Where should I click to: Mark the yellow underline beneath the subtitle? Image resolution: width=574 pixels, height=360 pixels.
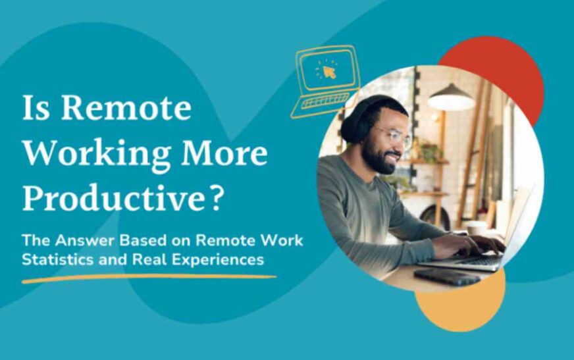148,278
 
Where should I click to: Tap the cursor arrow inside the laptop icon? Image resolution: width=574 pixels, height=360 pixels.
329,72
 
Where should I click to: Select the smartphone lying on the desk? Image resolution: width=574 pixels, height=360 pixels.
447,276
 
